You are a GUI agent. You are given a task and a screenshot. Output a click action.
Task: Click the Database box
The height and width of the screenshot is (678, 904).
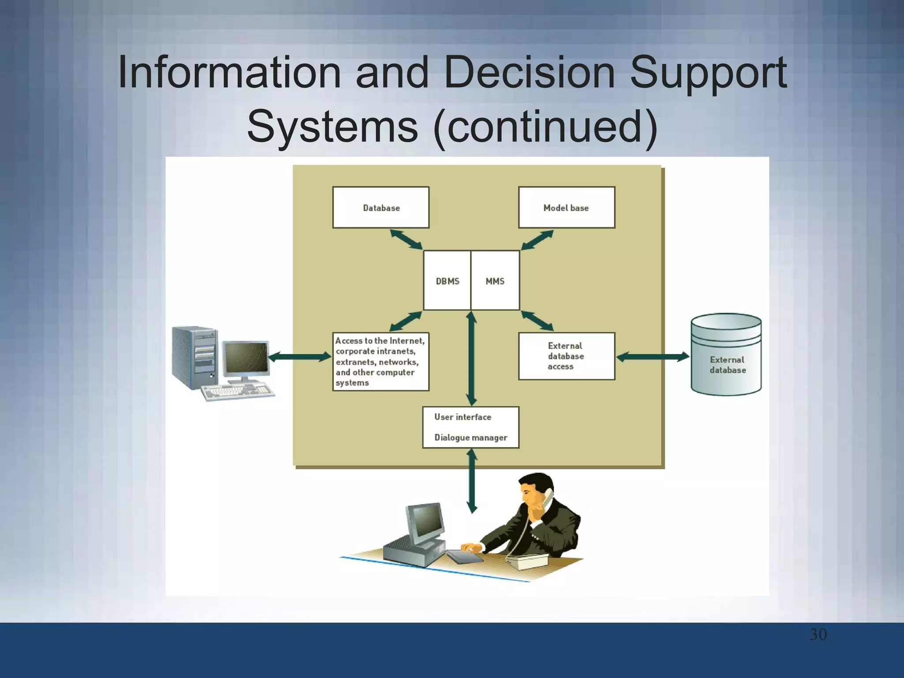[x=380, y=207]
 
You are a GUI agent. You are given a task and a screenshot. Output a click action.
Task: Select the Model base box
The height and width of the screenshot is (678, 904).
[x=566, y=207]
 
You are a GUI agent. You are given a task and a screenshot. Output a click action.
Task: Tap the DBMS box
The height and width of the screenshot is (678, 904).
[x=447, y=281]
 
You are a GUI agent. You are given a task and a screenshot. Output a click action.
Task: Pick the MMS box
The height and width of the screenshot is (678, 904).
[x=495, y=281]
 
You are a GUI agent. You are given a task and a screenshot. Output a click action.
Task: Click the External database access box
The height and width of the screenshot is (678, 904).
[x=566, y=356]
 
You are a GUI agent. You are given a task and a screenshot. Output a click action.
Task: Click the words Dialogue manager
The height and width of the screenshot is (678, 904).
[x=471, y=437]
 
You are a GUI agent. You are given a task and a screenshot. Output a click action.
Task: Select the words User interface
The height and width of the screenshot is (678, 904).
[x=463, y=417]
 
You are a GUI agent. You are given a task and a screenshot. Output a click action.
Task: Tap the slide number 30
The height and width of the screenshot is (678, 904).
[x=818, y=634]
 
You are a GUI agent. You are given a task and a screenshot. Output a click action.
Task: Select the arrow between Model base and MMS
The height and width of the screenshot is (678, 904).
[x=537, y=240]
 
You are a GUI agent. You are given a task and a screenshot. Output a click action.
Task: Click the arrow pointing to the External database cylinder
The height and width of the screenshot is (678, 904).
[x=652, y=357]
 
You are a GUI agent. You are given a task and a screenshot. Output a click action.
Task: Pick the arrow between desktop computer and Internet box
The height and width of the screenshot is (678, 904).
[x=300, y=357]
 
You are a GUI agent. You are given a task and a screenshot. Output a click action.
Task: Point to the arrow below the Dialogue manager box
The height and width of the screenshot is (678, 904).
[x=472, y=481]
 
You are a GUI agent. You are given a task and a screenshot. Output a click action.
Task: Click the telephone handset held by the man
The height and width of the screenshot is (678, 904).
[x=548, y=499]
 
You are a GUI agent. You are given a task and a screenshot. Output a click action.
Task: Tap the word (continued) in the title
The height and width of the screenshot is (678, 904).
[x=546, y=126]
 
